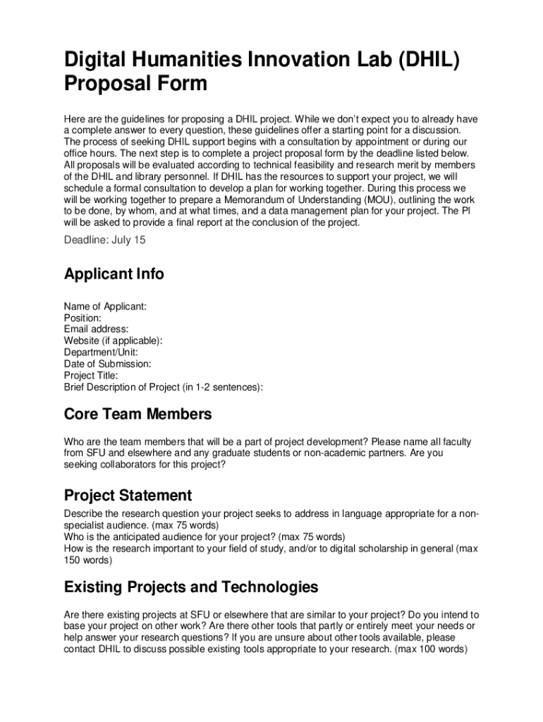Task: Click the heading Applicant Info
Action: [x=114, y=274]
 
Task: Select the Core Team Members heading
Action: [x=138, y=414]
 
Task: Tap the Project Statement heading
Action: [x=128, y=495]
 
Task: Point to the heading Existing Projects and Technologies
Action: [x=191, y=587]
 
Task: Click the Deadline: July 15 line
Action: [x=105, y=240]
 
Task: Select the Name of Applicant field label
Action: [x=105, y=307]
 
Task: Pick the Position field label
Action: [x=83, y=318]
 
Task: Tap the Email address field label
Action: [x=96, y=329]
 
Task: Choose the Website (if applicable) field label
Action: [x=113, y=341]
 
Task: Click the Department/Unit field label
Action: [x=101, y=352]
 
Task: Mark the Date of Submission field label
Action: [x=107, y=364]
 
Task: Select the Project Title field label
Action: [x=91, y=375]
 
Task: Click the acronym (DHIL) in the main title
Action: [x=420, y=59]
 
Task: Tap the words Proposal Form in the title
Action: [x=135, y=84]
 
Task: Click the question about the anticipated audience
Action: [x=205, y=537]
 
